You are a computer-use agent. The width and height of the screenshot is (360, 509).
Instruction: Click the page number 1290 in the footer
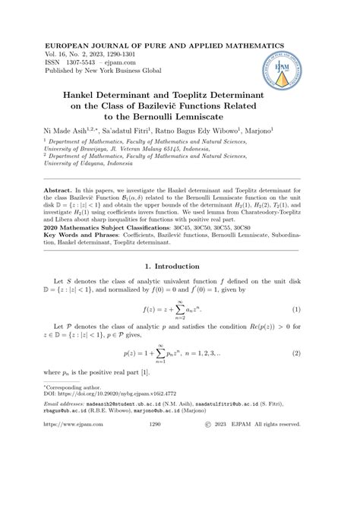pyautogui.click(x=177, y=489)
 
